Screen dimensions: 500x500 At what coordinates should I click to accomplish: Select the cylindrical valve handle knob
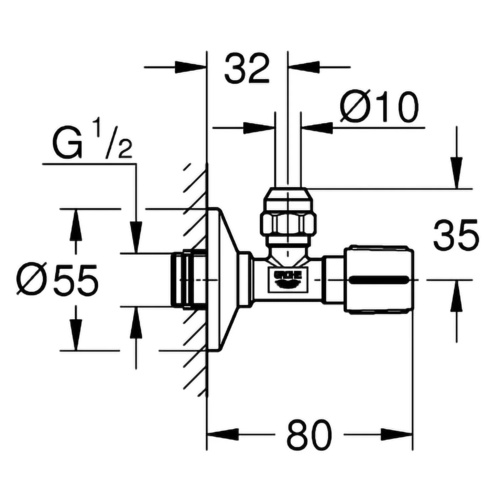point(380,279)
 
